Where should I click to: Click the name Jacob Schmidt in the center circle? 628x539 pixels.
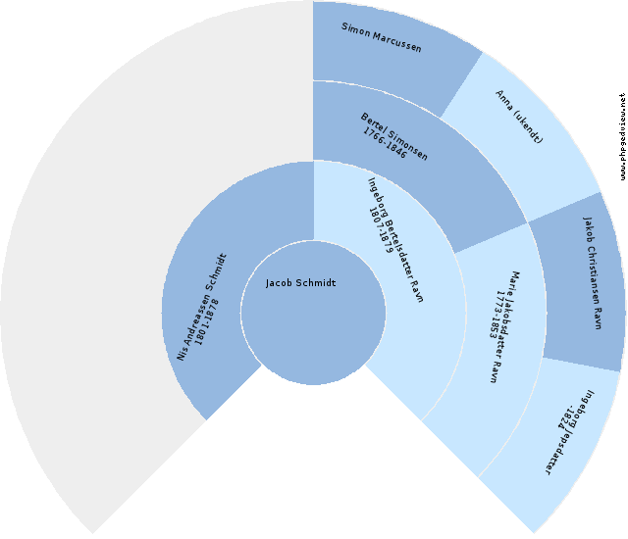300,283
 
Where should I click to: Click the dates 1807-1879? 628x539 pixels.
381,228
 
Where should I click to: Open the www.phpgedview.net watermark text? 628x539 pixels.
622,137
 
